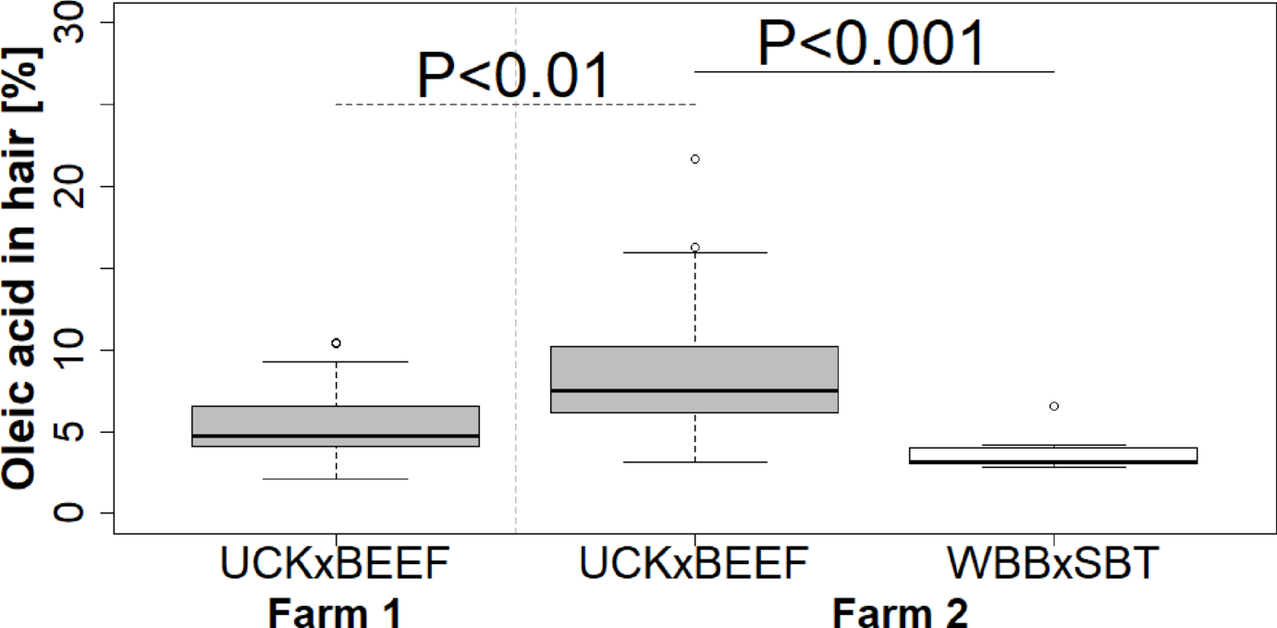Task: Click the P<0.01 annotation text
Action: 513,77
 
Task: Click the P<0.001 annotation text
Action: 871,43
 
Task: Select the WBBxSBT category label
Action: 1053,564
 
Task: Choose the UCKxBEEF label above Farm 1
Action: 335,564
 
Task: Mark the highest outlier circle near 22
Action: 695,159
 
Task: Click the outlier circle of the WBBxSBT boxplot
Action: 1054,406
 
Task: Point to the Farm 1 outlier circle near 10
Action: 336,343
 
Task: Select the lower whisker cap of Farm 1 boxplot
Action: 335,479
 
